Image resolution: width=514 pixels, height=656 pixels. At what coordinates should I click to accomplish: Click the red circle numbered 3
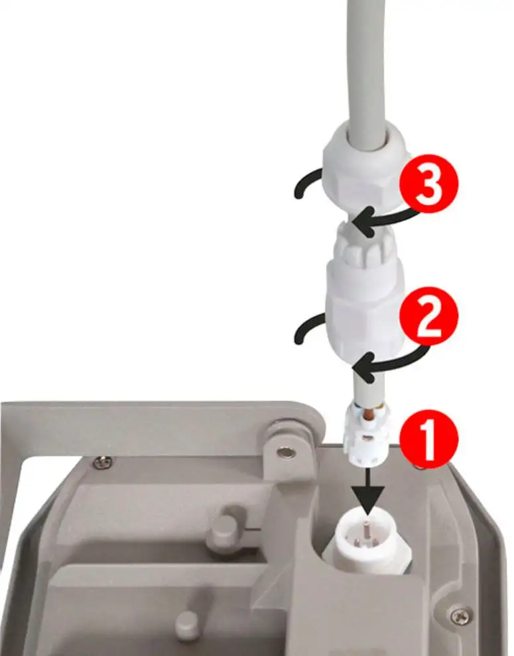point(429,184)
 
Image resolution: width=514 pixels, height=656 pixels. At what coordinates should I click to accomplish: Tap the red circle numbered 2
point(428,316)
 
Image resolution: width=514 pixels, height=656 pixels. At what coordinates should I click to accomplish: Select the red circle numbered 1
point(428,439)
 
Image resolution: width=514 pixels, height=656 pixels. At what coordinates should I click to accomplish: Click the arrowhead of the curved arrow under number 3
point(363,221)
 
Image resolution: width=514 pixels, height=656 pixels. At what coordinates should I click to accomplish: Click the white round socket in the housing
point(367,539)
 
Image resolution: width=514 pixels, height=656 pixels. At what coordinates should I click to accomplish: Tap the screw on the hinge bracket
point(285,453)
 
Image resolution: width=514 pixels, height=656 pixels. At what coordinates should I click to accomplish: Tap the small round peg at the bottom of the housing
point(187,626)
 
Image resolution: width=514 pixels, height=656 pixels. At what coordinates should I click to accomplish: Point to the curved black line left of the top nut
point(307,184)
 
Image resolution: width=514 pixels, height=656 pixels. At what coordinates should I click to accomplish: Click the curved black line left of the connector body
point(309,329)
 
